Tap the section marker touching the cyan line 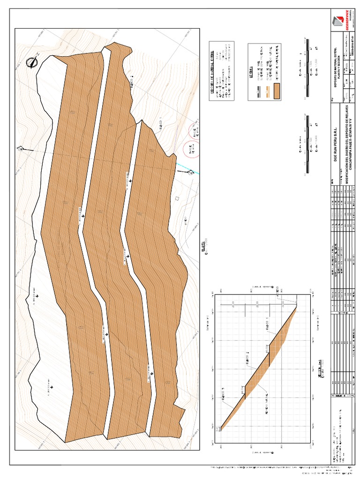click(190, 173)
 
